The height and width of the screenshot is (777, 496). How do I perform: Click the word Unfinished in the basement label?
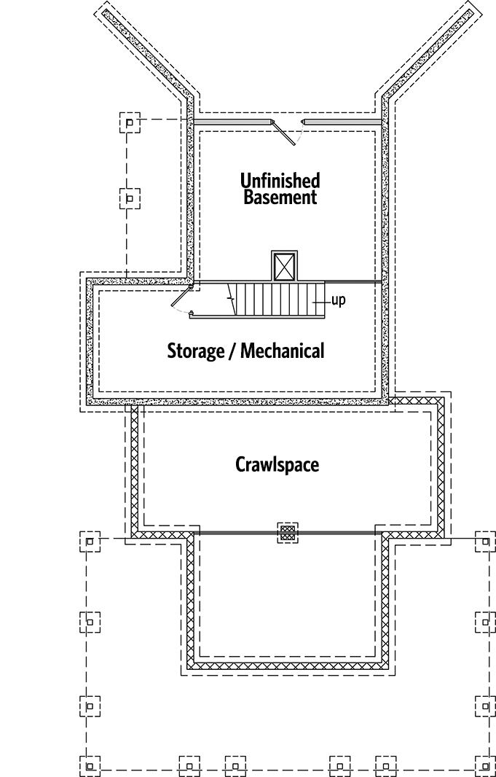280,180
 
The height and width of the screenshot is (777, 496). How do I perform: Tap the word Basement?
280,198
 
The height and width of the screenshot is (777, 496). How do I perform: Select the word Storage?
195,351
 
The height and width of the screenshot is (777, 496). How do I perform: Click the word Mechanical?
282,351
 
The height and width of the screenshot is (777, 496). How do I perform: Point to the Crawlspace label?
277,465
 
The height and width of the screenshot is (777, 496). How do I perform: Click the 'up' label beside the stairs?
339,300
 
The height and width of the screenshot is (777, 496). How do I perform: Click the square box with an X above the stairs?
285,265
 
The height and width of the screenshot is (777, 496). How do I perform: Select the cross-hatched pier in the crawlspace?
288,533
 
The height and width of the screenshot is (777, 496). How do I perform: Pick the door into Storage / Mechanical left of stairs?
182,299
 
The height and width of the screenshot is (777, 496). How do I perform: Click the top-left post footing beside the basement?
130,122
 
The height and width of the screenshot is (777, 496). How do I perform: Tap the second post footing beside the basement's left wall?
130,199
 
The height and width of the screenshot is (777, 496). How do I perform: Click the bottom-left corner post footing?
90,766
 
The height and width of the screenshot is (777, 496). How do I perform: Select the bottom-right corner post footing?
485,766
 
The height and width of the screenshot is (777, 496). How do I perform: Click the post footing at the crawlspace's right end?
485,542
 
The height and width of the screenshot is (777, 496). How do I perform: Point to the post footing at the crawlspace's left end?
90,542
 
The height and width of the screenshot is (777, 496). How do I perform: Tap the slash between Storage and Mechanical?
232,351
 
